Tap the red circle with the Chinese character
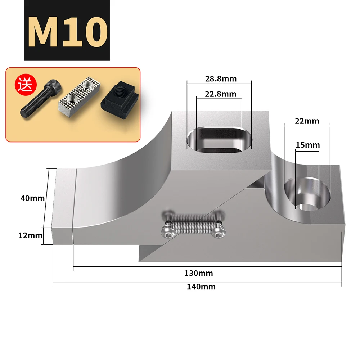pyautogui.click(x=26, y=85)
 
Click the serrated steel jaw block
pyautogui.click(x=80, y=97)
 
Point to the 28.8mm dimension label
pyautogui.click(x=221, y=79)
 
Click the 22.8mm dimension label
pyautogui.click(x=220, y=94)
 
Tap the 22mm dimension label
pyautogui.click(x=307, y=121)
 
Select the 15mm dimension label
pyautogui.click(x=308, y=145)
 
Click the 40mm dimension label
pyautogui.click(x=33, y=198)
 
